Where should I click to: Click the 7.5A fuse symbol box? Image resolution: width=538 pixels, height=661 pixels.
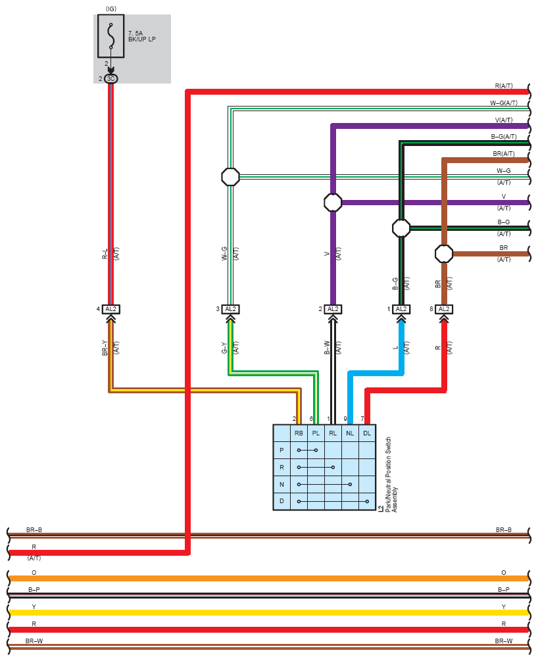point(111,36)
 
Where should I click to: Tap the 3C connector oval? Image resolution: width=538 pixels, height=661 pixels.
point(111,79)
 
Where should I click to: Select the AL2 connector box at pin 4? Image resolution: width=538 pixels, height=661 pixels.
point(111,309)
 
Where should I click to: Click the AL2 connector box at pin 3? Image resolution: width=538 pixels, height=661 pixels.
point(231,309)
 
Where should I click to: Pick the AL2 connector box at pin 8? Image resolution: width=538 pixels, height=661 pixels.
point(444,309)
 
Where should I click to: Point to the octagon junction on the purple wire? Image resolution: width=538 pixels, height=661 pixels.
point(333,203)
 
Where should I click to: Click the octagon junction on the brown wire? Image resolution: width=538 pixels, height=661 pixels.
point(444,254)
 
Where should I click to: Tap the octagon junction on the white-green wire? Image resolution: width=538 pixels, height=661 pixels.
point(231,177)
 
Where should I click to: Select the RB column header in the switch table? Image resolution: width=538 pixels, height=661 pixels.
point(299,433)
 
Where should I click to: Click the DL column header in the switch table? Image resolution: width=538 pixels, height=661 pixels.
point(367,433)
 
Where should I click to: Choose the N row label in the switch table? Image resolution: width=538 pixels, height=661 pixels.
point(281,484)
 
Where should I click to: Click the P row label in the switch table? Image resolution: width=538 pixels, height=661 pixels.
point(281,451)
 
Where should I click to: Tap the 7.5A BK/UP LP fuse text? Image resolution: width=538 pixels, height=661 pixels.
point(141,36)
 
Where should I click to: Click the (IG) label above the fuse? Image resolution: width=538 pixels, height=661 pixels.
point(111,9)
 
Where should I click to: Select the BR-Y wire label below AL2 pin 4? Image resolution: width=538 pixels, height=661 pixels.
point(105,348)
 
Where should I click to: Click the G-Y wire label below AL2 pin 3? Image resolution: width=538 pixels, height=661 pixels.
point(224,348)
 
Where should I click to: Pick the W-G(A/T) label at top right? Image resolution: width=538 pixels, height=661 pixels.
point(503,103)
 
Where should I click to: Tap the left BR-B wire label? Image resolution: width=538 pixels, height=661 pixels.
point(34,530)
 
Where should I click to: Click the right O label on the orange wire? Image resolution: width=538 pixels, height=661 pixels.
point(503,572)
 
